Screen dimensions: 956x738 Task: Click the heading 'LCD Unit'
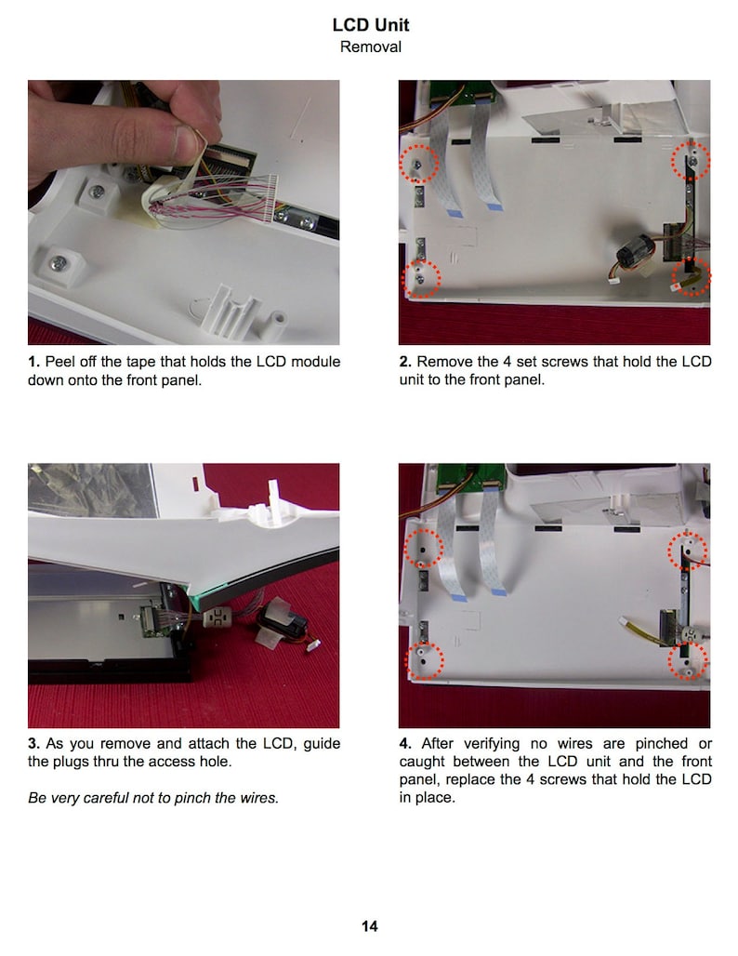(x=370, y=25)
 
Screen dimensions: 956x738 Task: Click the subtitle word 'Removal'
(x=370, y=46)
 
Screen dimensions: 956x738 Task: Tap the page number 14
(x=369, y=925)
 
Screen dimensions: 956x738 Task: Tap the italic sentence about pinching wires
(x=153, y=797)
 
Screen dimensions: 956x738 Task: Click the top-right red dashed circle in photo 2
(x=692, y=160)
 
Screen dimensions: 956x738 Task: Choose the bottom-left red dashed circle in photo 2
(x=421, y=278)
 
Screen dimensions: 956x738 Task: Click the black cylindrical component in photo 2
(x=639, y=253)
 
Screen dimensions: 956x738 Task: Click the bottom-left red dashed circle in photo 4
(x=426, y=661)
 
